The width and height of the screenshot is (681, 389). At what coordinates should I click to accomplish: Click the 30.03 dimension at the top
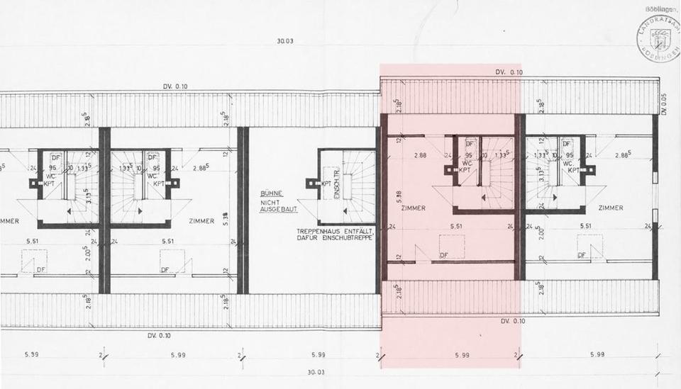point(285,42)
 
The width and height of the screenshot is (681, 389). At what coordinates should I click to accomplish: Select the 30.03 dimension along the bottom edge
point(316,372)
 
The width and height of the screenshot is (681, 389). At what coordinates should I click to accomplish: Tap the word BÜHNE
point(271,193)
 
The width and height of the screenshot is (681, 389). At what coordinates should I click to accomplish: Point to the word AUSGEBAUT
point(279,210)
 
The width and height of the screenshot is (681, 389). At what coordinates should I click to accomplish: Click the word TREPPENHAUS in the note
point(320,232)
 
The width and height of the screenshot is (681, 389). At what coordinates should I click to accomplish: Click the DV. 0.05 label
point(664,104)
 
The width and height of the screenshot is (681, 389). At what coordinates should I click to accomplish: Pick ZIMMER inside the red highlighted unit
point(413,208)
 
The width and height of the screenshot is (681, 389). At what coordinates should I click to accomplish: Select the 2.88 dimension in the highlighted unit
point(421,154)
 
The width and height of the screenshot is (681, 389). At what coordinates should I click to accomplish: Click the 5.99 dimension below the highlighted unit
point(462,354)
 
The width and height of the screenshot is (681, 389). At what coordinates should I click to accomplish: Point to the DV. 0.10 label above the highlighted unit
point(509,72)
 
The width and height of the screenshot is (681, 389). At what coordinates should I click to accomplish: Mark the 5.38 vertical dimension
point(226,219)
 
